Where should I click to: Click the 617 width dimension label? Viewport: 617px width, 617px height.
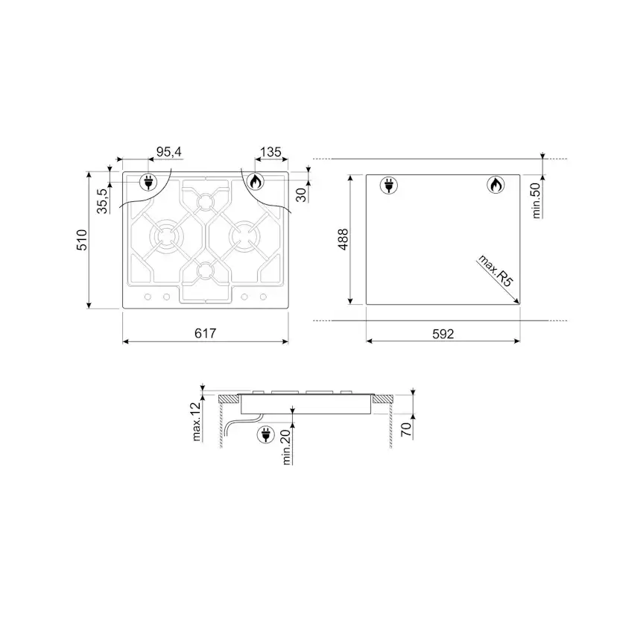pos(206,333)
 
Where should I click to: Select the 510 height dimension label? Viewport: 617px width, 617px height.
pos(82,240)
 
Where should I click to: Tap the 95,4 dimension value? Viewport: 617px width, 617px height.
pos(169,151)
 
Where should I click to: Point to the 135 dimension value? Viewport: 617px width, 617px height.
pos(270,151)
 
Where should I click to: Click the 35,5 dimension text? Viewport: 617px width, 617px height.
pos(102,200)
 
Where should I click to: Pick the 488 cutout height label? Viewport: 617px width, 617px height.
pos(343,239)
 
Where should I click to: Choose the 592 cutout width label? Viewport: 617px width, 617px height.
pos(443,334)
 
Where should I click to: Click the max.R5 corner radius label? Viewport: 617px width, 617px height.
pos(496,271)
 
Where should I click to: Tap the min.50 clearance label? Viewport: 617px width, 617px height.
pos(537,200)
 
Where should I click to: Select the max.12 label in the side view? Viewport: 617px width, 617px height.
pos(197,422)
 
